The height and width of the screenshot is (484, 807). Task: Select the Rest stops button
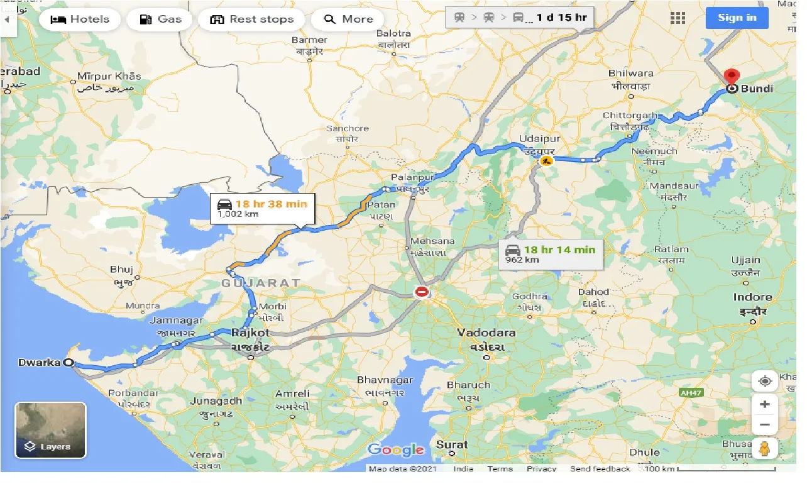point(252,19)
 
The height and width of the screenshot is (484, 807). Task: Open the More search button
point(348,19)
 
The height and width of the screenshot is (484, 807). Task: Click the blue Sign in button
point(737,18)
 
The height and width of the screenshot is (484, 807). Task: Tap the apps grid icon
point(678,18)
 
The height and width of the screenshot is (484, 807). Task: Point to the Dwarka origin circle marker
point(69,363)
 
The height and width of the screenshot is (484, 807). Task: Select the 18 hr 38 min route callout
point(262,208)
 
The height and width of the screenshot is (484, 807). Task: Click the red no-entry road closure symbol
point(421,292)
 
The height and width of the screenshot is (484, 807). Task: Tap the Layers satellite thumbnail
point(50,430)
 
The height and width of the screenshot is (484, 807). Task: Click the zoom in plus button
point(764,404)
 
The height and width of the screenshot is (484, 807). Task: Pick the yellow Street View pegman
point(764,449)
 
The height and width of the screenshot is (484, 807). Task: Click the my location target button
point(764,382)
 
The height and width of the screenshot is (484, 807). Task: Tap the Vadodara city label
point(486,333)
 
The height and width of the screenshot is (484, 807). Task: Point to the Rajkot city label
point(250,333)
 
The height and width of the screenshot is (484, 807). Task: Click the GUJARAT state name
point(260,283)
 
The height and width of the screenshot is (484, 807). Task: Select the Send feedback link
point(600,469)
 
